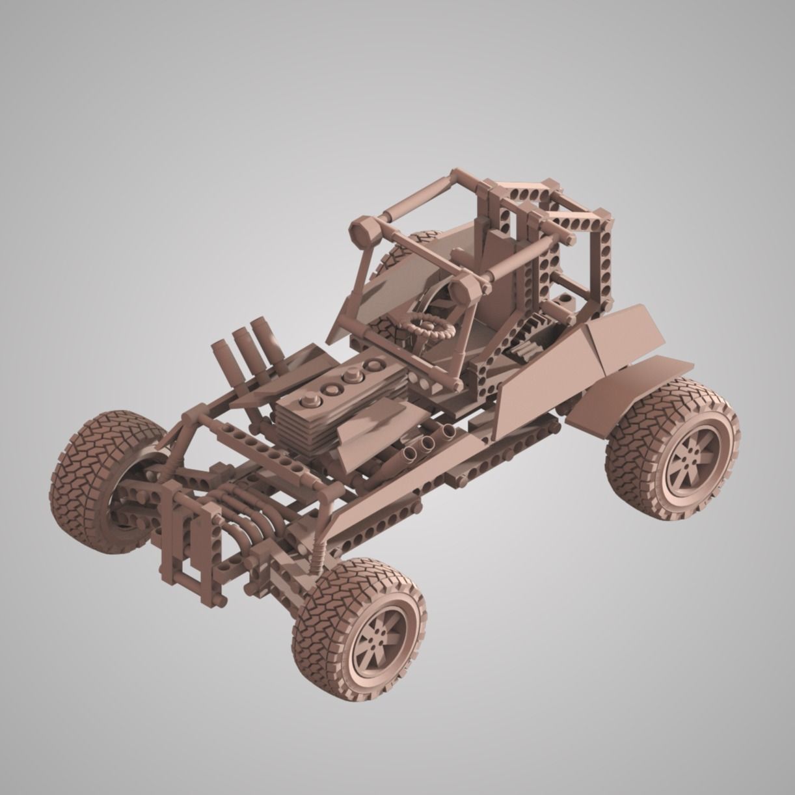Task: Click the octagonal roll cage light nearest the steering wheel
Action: point(467,288)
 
